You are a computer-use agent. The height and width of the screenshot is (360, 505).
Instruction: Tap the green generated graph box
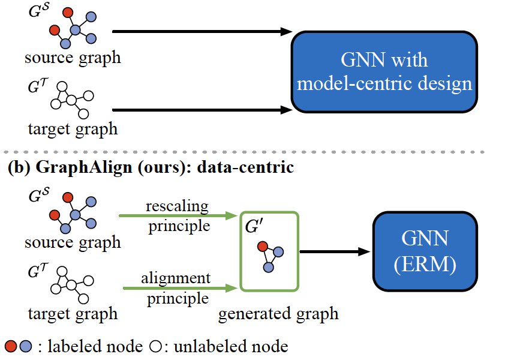[268, 251]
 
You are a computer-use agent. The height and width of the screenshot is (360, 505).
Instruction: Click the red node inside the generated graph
[261, 246]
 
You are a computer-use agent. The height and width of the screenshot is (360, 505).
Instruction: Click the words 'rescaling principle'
[177, 216]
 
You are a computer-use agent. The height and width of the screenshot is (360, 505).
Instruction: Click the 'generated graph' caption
[278, 313]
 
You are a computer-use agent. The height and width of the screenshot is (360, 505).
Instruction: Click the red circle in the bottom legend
[11, 346]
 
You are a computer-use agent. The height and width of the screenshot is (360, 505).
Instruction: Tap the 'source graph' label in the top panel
[73, 58]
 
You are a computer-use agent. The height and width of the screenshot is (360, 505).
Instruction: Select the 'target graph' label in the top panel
[73, 128]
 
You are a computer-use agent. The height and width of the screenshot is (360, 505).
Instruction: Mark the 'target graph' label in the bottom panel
[73, 313]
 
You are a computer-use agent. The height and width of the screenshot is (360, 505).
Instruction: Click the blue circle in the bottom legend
[25, 346]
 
